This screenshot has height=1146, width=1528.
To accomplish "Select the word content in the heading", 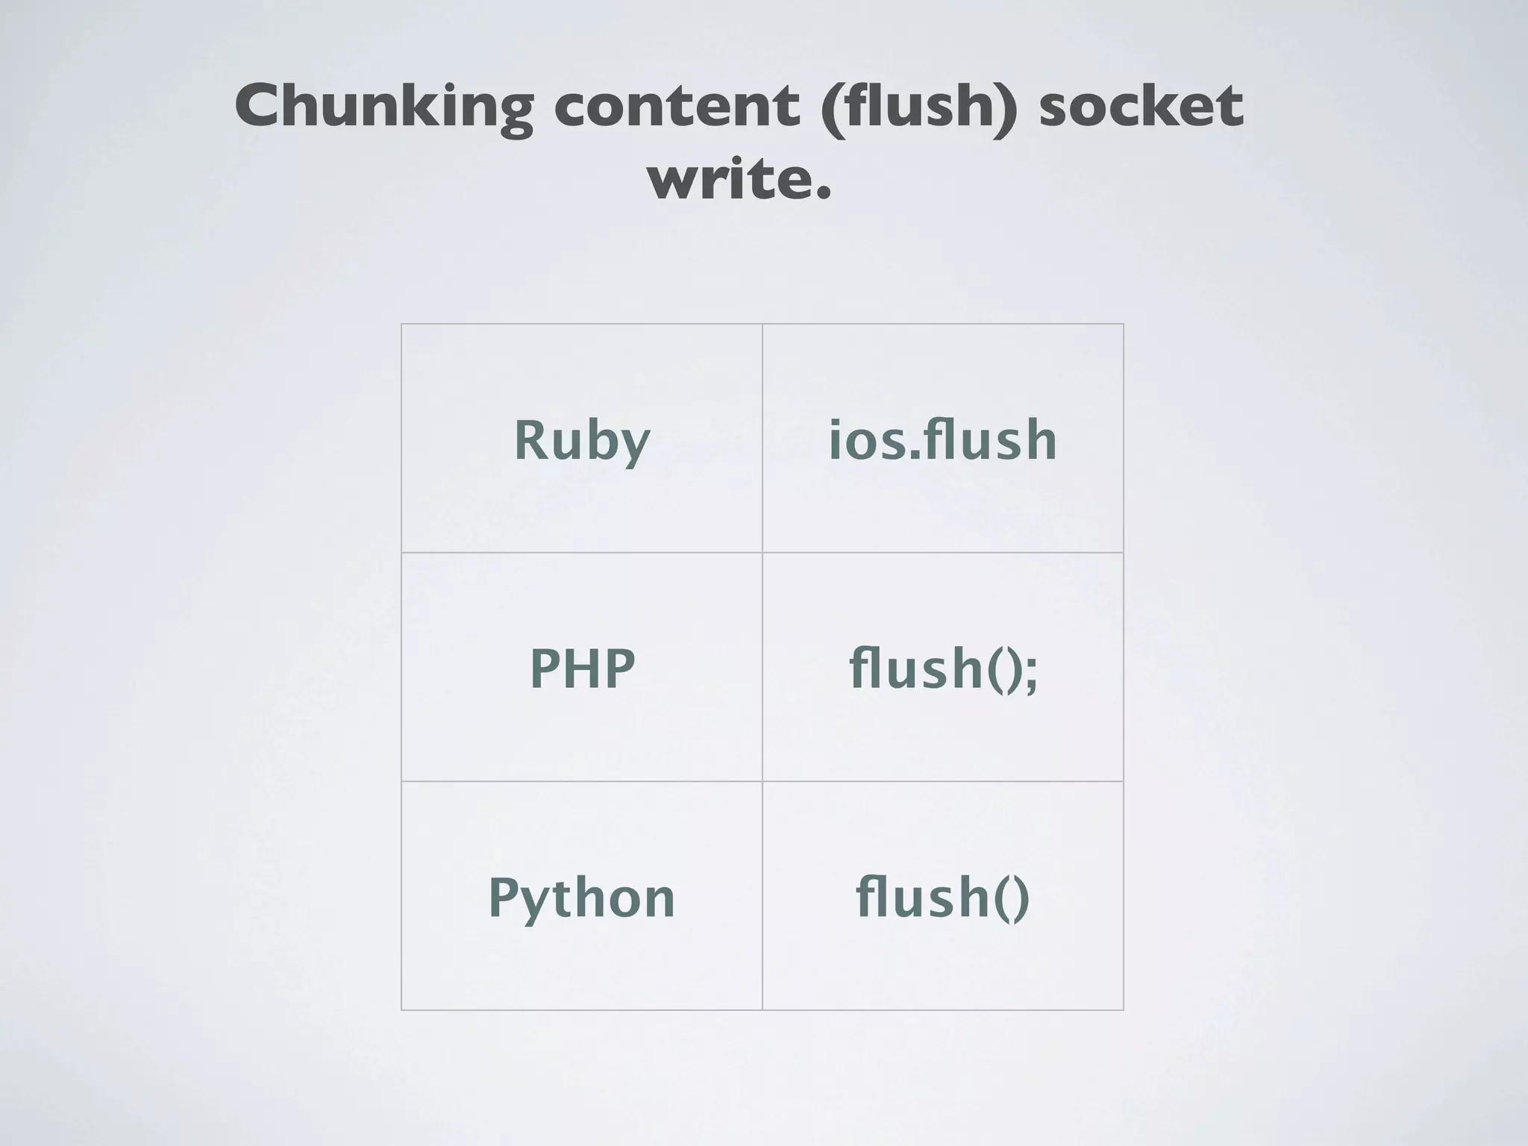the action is tap(676, 106).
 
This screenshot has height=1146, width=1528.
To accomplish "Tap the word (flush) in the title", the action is tap(918, 106).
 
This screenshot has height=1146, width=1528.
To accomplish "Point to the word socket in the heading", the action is tap(1141, 106).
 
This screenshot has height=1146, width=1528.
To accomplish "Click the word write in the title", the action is tap(728, 181).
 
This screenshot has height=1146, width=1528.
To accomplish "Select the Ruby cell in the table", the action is tap(582, 440).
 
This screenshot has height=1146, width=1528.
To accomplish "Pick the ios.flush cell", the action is tap(943, 440).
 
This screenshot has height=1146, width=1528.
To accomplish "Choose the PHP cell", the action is tap(582, 668).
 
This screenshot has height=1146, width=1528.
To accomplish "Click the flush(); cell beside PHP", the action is tap(943, 668).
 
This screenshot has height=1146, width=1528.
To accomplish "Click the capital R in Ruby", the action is tap(531, 440).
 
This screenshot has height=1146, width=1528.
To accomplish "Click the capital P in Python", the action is tap(504, 897).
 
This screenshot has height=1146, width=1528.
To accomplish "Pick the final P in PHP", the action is tap(619, 668).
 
